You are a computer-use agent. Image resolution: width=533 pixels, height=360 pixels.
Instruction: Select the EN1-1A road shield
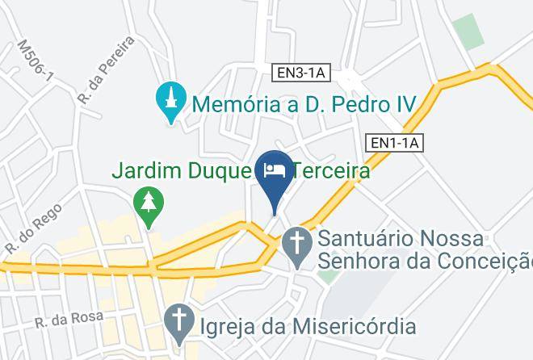[x=395, y=142]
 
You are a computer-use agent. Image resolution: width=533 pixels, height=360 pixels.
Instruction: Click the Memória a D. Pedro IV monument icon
[x=170, y=103]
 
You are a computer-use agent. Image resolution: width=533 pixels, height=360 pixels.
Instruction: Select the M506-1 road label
[x=35, y=61]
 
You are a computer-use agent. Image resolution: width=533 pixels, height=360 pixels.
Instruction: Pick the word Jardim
[x=148, y=171]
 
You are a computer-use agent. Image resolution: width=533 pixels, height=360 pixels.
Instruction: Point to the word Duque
[x=223, y=171]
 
